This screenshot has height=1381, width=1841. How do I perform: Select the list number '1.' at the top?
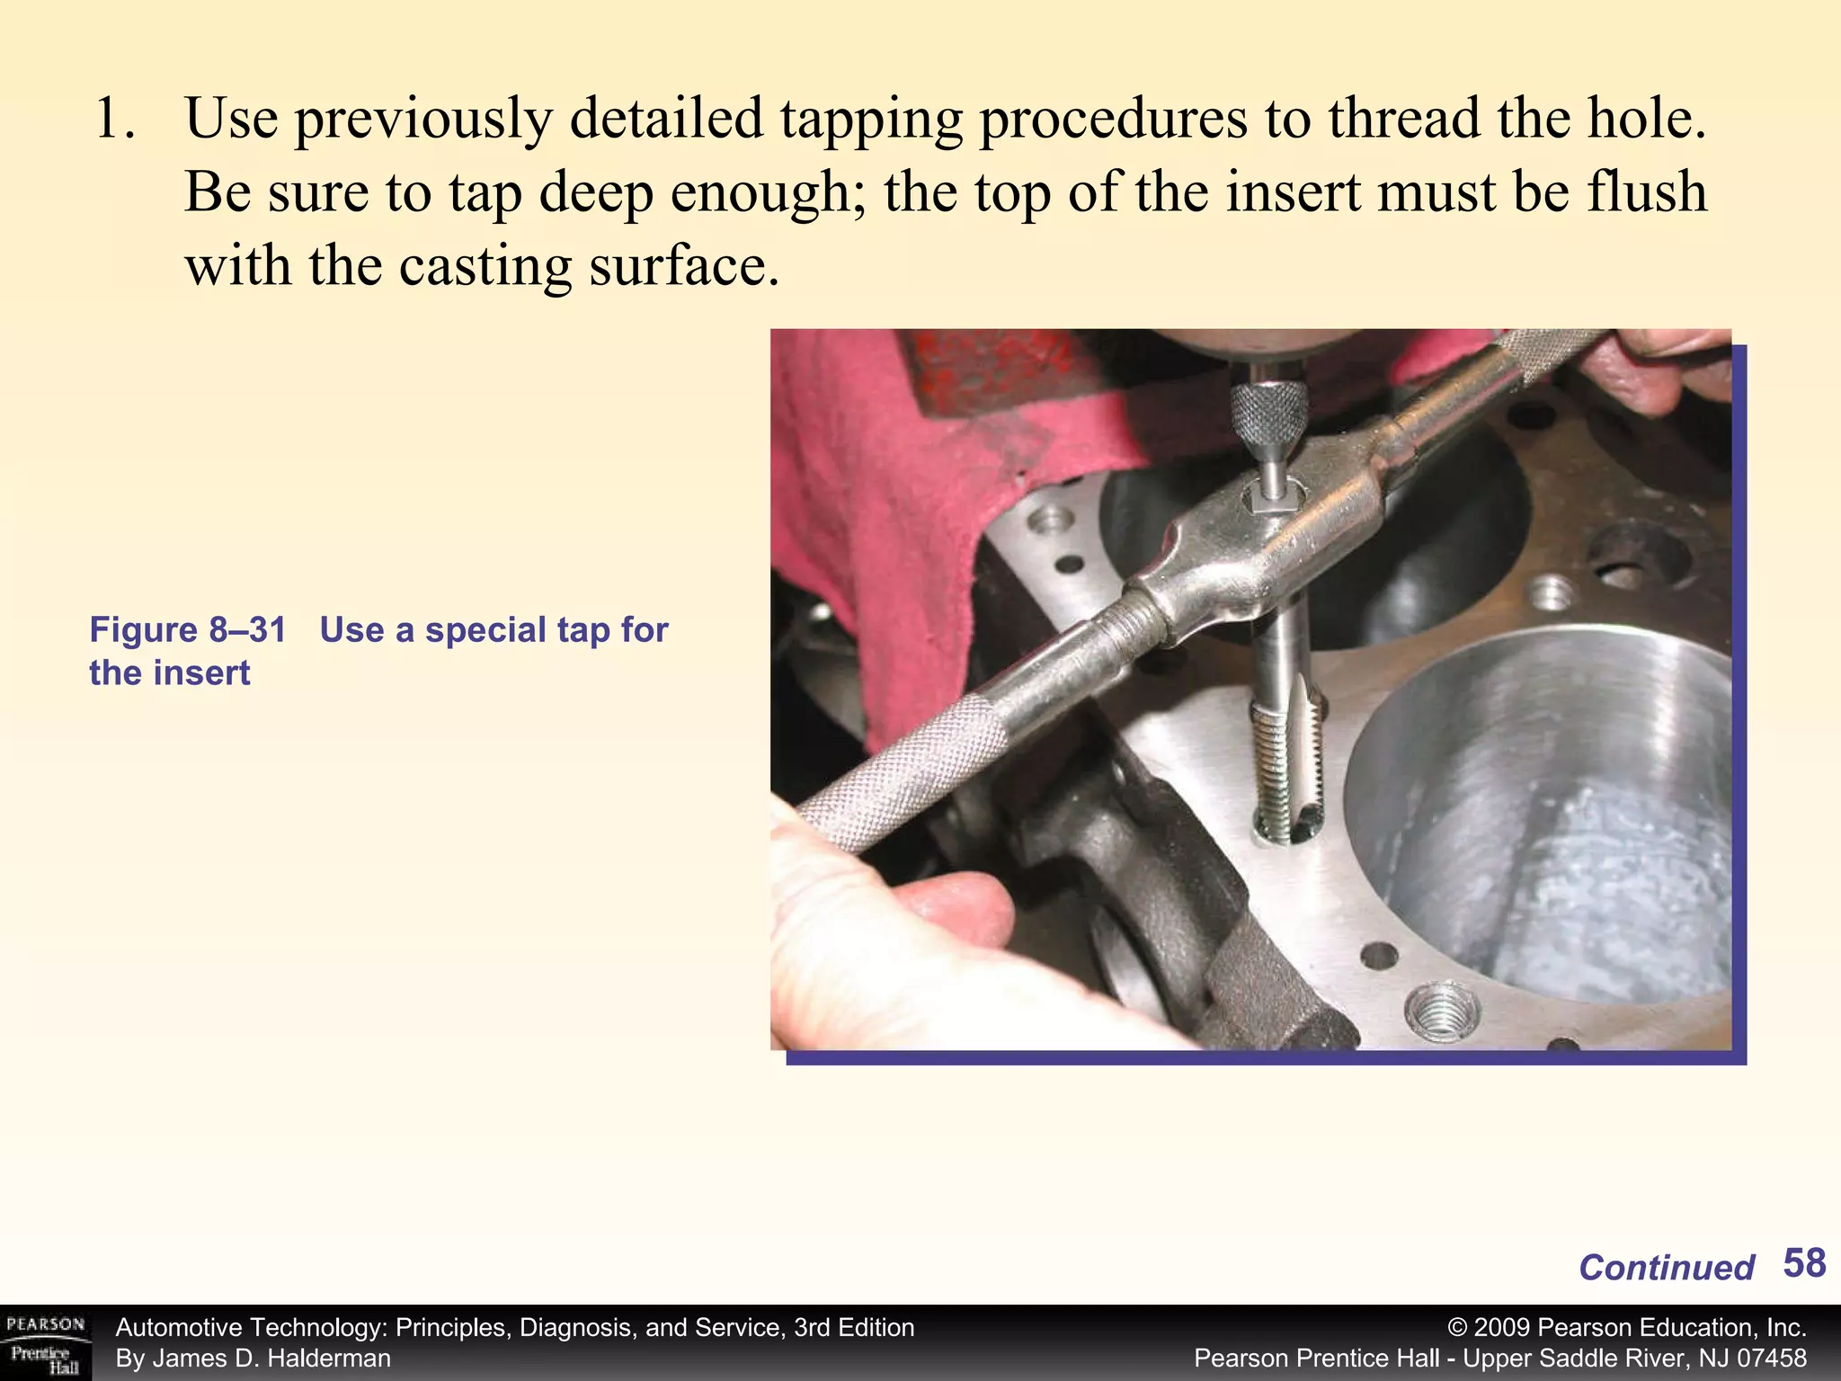pyautogui.click(x=114, y=120)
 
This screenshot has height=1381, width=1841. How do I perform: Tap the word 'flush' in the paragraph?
pyautogui.click(x=1645, y=193)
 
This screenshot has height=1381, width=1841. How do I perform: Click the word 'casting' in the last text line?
pyautogui.click(x=484, y=267)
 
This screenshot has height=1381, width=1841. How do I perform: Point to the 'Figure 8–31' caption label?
pyautogui.click(x=187, y=630)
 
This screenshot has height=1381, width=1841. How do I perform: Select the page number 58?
pyautogui.click(x=1803, y=1263)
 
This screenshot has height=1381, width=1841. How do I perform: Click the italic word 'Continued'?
pyautogui.click(x=1666, y=1268)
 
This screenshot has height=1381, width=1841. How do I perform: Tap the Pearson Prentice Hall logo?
pyautogui.click(x=45, y=1343)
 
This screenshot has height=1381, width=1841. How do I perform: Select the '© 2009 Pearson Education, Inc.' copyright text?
pyautogui.click(x=1626, y=1328)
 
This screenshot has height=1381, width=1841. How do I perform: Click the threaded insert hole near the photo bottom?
pyautogui.click(x=1439, y=1013)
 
